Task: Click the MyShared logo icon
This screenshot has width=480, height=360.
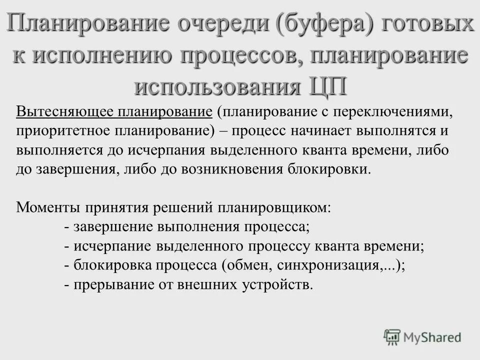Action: click(392, 337)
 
